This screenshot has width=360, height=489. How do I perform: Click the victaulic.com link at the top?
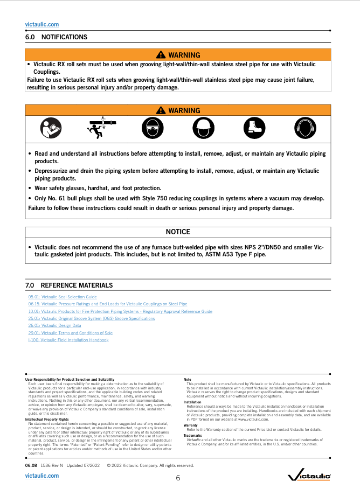(x=42, y=24)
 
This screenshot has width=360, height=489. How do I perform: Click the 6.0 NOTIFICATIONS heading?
(x=56, y=37)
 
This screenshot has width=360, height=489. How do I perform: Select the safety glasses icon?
(x=152, y=128)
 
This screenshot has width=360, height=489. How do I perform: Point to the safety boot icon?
(x=254, y=128)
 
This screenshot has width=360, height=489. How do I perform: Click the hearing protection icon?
(x=305, y=128)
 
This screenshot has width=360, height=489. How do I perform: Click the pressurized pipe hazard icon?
(x=101, y=127)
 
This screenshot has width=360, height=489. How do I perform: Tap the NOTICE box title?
(x=178, y=232)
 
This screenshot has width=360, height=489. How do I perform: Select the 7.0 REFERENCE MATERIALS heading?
(x=69, y=285)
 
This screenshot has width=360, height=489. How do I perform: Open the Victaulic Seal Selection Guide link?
(x=63, y=297)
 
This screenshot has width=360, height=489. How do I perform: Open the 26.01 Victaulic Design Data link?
(x=54, y=326)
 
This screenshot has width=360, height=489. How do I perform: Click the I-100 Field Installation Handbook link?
(x=68, y=340)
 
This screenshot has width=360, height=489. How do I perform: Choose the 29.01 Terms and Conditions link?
(x=70, y=333)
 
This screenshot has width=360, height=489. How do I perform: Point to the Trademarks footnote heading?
(x=192, y=435)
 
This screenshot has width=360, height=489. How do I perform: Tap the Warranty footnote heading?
(x=191, y=425)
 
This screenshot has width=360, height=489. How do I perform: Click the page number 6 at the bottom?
(x=178, y=478)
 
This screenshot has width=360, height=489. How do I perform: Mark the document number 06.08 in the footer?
(x=31, y=465)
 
